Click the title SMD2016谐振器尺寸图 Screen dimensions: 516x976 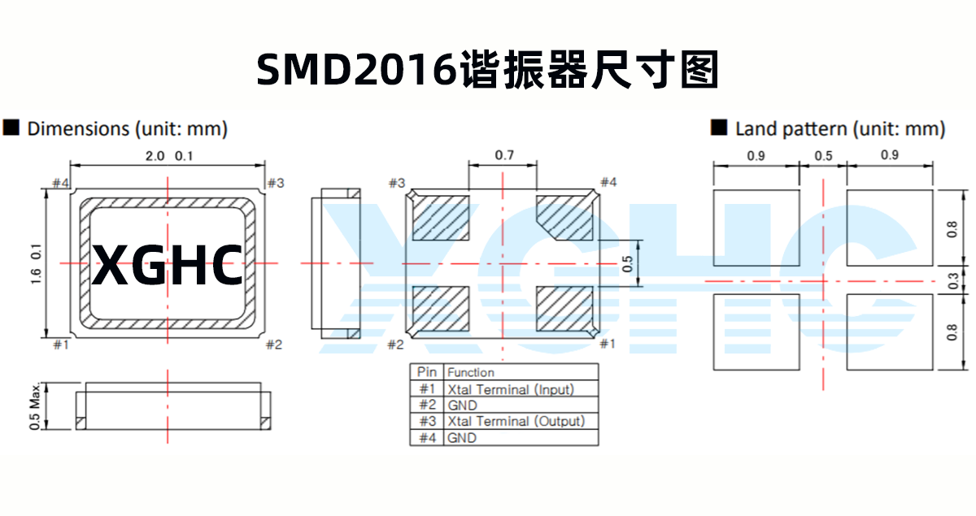pos(488,70)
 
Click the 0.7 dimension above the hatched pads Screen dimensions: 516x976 pos(503,154)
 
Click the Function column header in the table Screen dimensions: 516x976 pos(471,372)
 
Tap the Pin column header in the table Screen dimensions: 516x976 pos(427,372)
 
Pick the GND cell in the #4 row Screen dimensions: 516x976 pos(462,437)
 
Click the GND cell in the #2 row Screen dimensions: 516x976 pos(462,405)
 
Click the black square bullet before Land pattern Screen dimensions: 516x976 pos(719,128)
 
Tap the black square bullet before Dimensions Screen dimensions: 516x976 pos(11,128)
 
